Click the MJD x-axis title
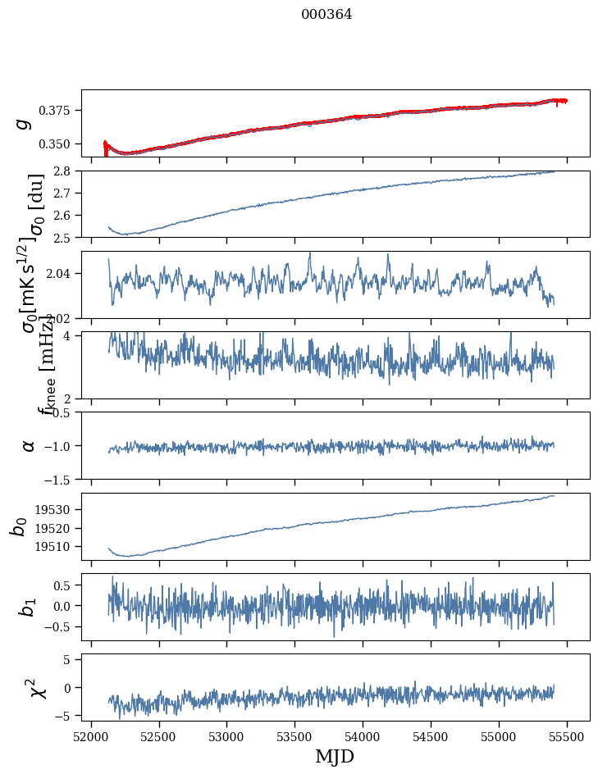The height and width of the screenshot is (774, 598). coord(336,756)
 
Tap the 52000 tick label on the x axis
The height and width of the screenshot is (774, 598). coord(91,735)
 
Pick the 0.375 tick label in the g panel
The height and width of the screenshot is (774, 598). coord(61,111)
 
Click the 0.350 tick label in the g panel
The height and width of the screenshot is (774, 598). coord(61,144)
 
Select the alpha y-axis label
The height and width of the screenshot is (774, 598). coord(29,445)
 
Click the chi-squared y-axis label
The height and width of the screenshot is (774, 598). coord(37,687)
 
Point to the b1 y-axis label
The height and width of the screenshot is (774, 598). coord(28,607)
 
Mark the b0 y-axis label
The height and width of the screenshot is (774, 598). coord(20,526)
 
